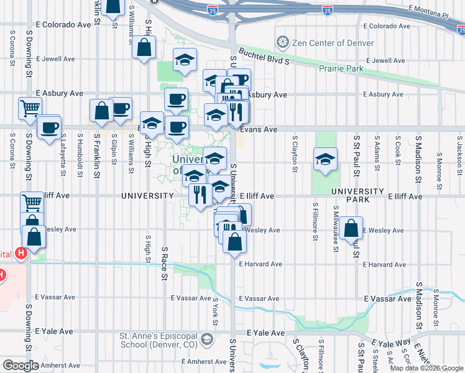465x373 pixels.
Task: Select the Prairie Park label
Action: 341,69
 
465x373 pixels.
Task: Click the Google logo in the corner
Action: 21,366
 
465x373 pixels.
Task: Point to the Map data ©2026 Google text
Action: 426,368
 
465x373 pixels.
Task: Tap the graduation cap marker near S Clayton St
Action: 325,159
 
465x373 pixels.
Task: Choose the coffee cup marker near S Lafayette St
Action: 49,129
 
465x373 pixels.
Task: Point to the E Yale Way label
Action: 391,343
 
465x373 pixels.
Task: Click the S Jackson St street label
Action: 459,150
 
